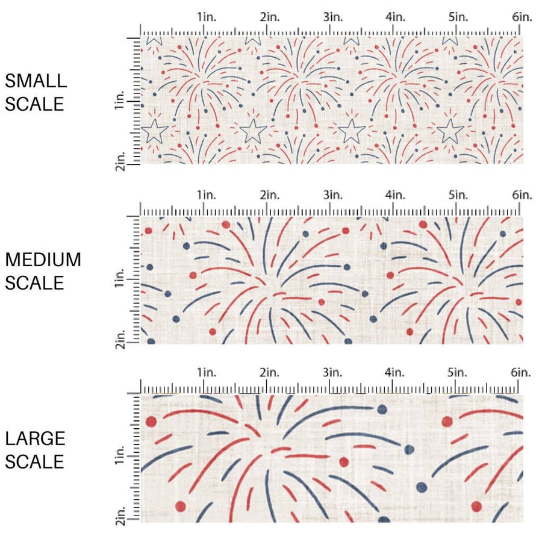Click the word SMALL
[x=35, y=81]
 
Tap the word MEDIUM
[x=43, y=260]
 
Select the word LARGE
[x=35, y=438]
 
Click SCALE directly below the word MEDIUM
[x=35, y=282]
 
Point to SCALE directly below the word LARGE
[x=35, y=462]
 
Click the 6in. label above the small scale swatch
[x=522, y=17]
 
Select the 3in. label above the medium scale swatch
[x=332, y=195]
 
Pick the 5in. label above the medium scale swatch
[x=459, y=195]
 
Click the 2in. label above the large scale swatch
[x=269, y=373]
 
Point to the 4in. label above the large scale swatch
[x=396, y=373]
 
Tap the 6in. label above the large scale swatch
[x=522, y=373]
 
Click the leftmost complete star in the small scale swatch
[x=155, y=131]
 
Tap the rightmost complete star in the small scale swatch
[x=450, y=131]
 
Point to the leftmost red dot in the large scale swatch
[x=151, y=422]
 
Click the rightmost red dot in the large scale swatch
[x=476, y=506]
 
